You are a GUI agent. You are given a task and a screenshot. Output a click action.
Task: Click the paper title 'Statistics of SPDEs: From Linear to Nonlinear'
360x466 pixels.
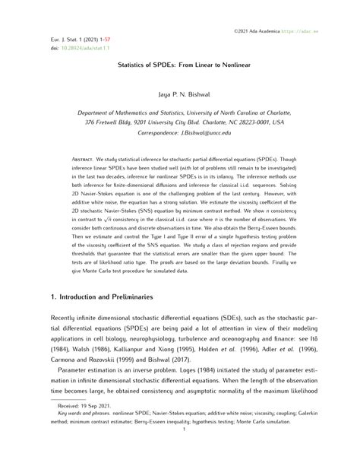(x=180, y=65)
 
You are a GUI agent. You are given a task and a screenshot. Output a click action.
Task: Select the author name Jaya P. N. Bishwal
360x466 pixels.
(x=180, y=97)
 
